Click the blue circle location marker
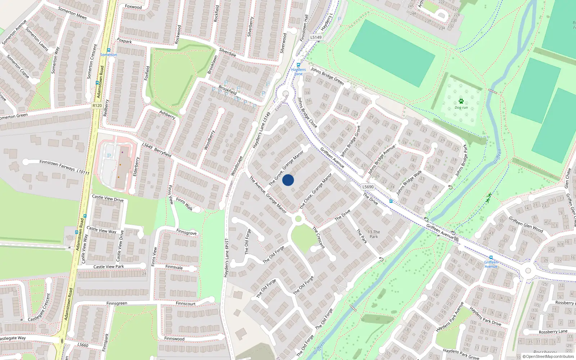[288, 180]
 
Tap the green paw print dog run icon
[461, 101]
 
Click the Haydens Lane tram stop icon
[298, 65]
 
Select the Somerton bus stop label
[108, 55]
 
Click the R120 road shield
[97, 105]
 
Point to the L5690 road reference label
[368, 187]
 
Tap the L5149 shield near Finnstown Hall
[316, 37]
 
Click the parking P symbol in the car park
[109, 156]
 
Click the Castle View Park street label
[108, 267]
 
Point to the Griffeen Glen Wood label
[526, 224]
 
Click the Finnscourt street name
[186, 303]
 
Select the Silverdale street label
[228, 53]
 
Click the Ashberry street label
[167, 114]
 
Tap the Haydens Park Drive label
[485, 316]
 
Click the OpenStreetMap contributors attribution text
[548, 357]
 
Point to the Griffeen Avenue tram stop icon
[491, 257]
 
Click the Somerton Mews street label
[72, 13]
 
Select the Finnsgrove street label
[186, 233]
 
